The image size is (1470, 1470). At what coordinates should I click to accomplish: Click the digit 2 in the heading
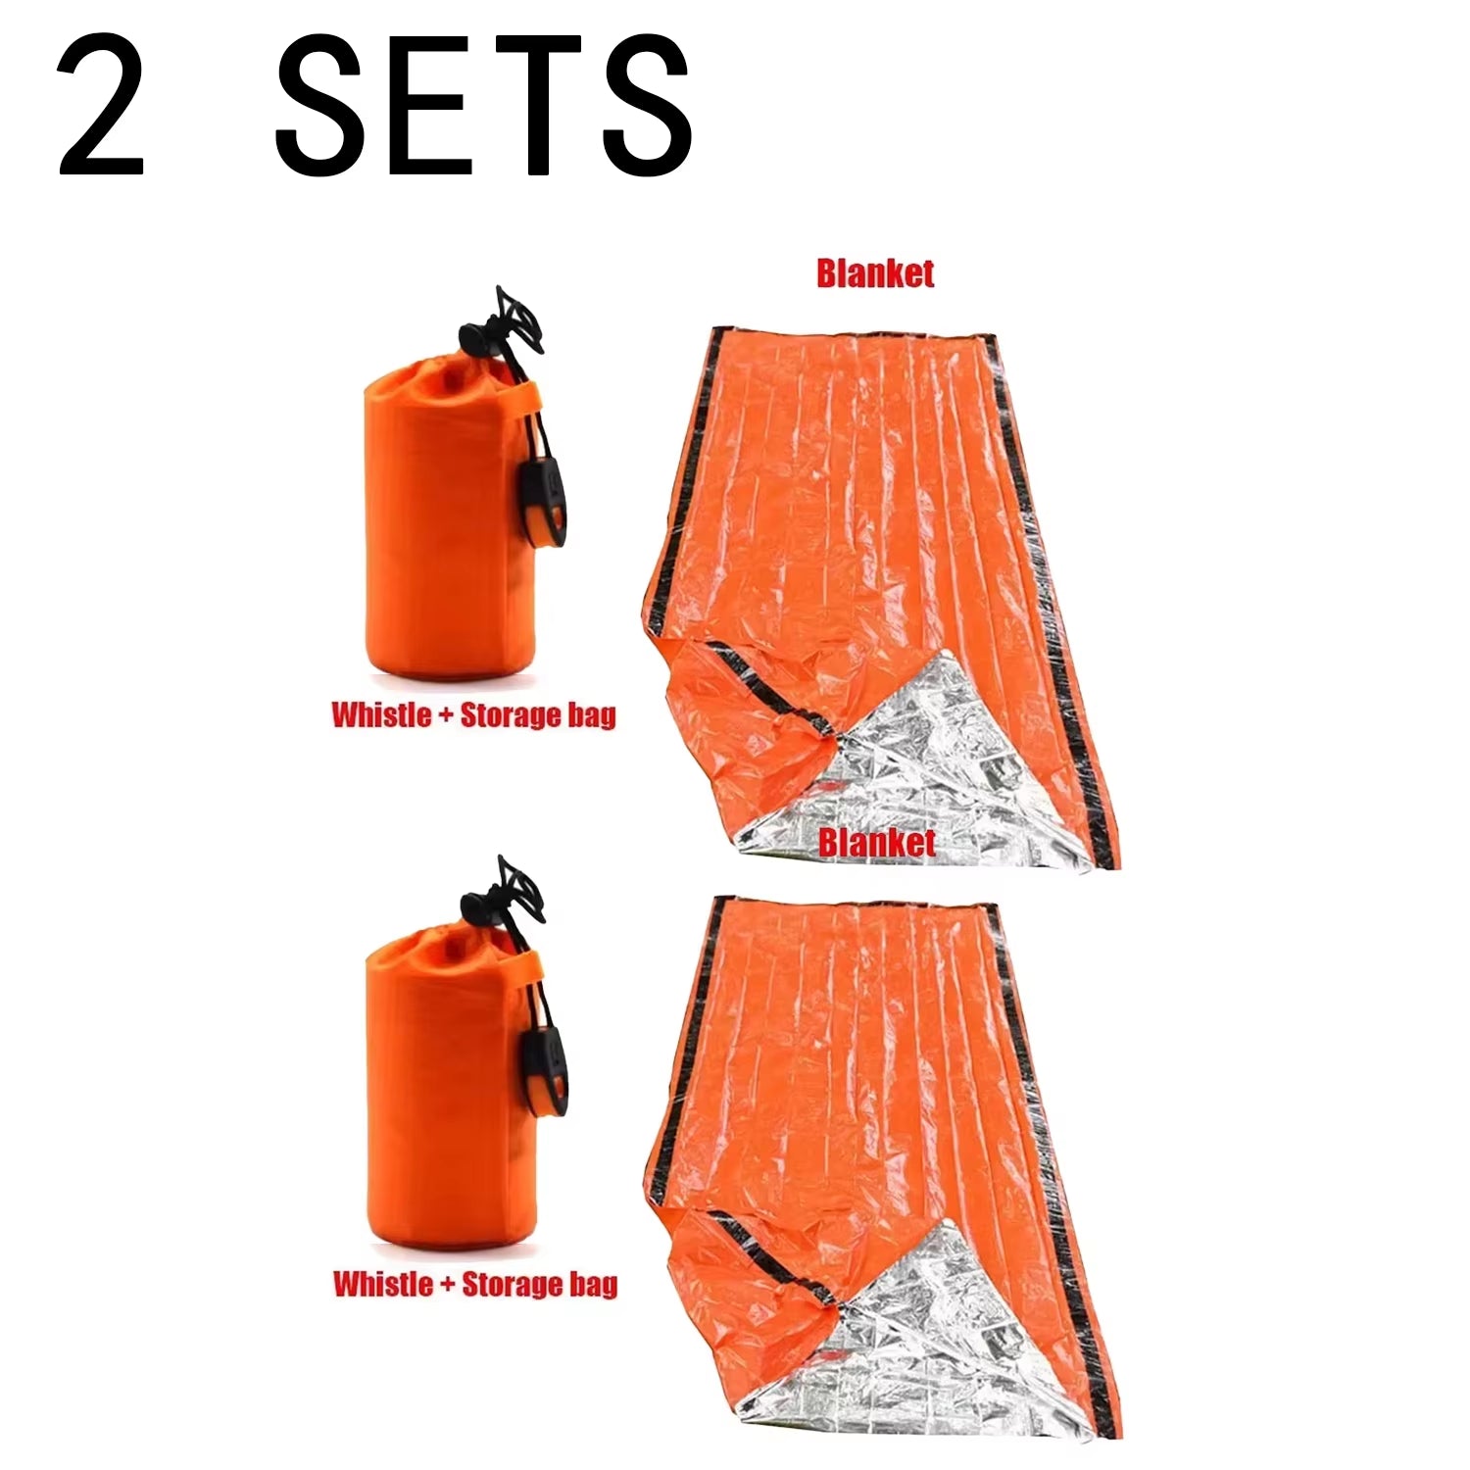point(101,105)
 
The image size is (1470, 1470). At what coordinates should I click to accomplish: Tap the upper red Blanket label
point(875,273)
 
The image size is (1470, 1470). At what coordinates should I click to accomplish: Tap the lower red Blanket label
point(877,842)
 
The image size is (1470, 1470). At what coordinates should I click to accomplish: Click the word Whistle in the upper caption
point(381,714)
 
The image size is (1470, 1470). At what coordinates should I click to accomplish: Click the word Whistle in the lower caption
point(382,1283)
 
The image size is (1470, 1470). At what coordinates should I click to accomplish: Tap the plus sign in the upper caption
point(445,715)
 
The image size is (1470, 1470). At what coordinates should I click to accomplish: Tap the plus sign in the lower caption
point(446,1284)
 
